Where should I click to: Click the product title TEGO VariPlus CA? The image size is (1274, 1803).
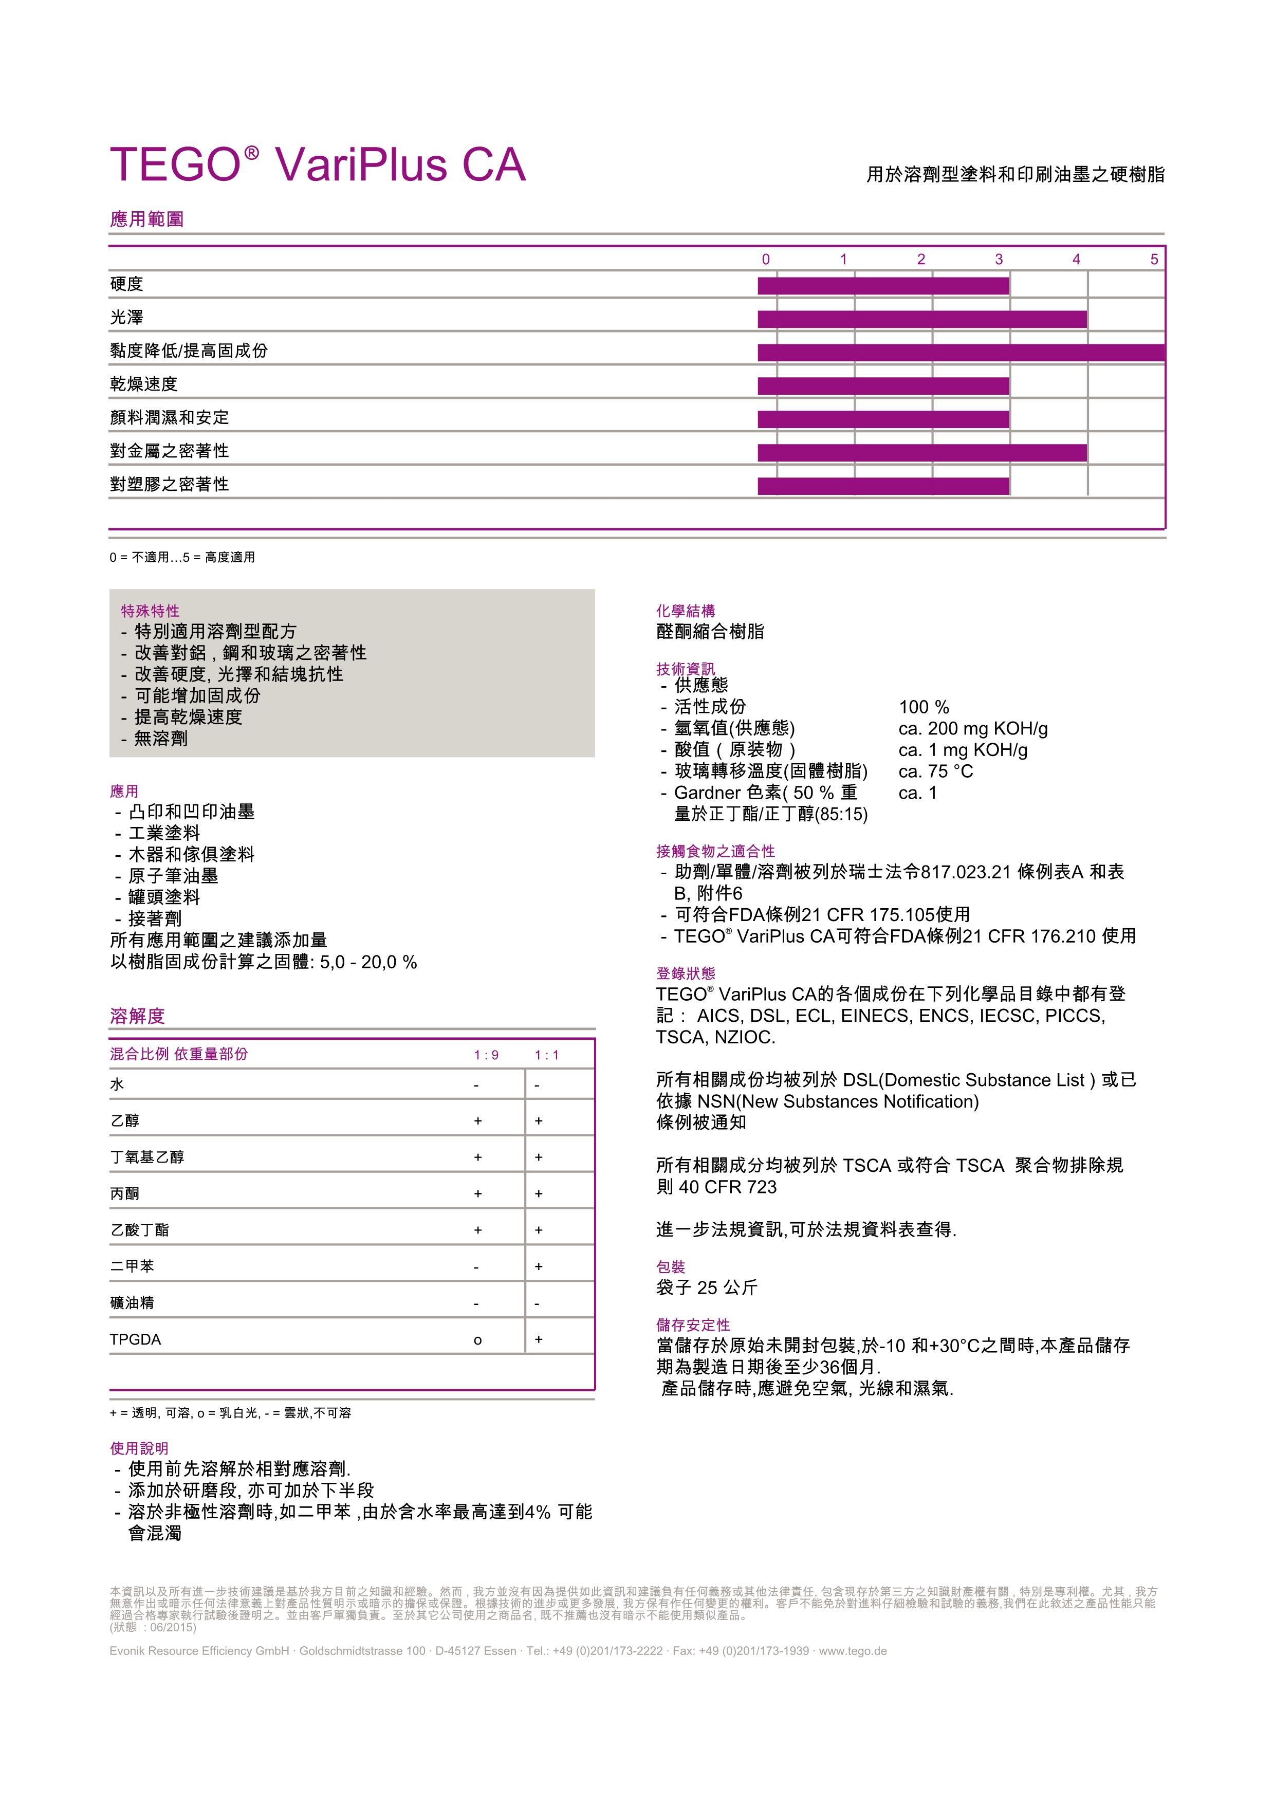(x=318, y=165)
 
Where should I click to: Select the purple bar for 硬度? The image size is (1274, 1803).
(x=882, y=286)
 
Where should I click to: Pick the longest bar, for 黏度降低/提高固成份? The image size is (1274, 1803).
(x=961, y=353)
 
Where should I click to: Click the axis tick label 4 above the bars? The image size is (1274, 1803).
(x=1076, y=259)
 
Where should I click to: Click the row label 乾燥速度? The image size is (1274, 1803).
(x=144, y=384)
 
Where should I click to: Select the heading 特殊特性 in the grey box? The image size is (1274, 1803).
(x=150, y=611)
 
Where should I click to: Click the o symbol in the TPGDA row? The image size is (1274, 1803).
(x=477, y=1340)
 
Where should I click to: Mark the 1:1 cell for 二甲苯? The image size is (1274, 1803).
(x=539, y=1266)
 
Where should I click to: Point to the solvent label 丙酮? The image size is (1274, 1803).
(x=125, y=1193)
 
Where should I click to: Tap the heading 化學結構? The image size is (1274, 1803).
(x=685, y=611)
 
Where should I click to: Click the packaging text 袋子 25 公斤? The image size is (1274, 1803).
(x=707, y=1287)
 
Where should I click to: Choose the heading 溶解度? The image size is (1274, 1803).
(x=137, y=1016)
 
